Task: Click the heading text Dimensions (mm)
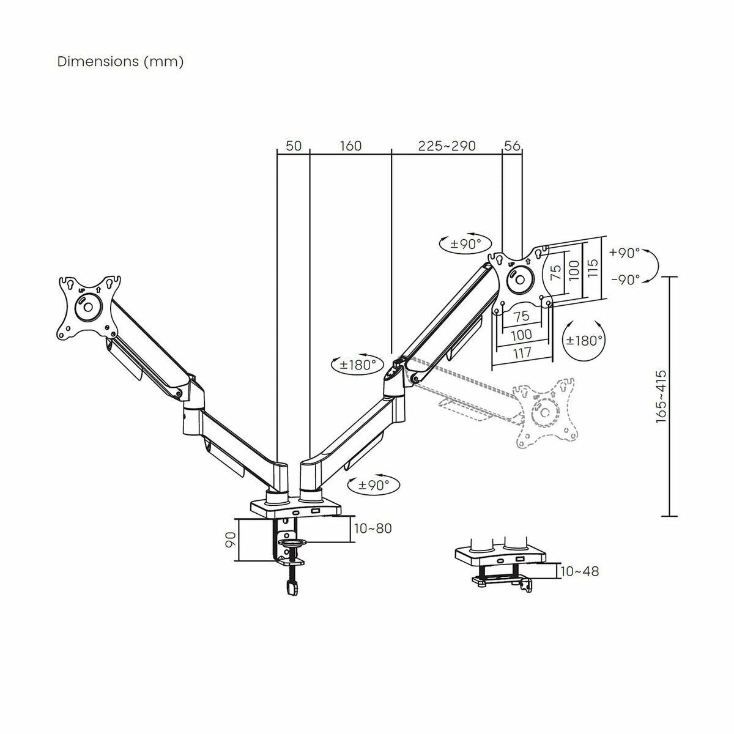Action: pos(120,62)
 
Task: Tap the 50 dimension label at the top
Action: pos(294,146)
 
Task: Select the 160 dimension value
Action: pos(350,146)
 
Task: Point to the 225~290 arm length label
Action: pos(447,146)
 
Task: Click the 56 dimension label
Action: pos(512,146)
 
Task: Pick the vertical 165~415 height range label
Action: pos(661,396)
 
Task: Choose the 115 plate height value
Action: pos(592,268)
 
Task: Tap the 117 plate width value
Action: pos(522,353)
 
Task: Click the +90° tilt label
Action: pos(625,253)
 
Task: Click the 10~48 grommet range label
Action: pos(579,571)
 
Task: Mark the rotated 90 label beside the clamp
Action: pos(231,539)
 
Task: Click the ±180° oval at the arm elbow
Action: pos(357,365)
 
